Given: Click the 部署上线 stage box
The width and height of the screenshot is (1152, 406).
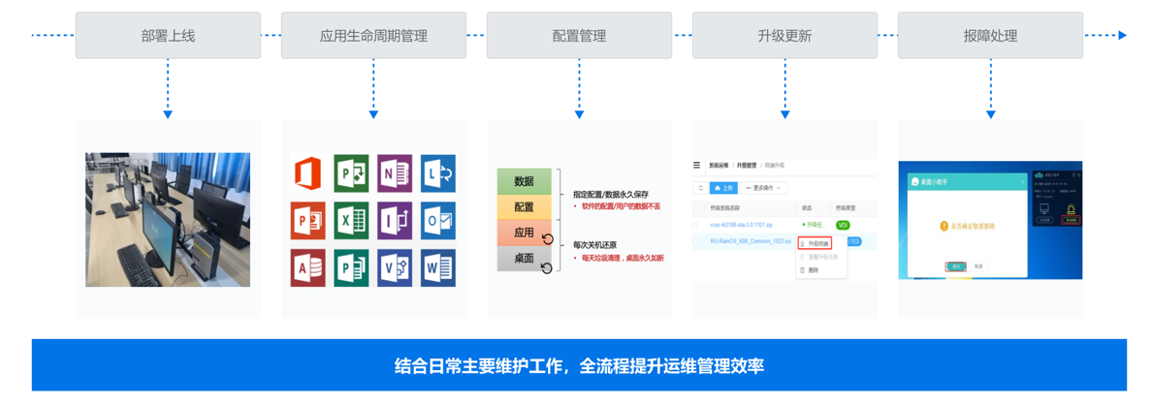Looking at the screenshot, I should (x=168, y=36).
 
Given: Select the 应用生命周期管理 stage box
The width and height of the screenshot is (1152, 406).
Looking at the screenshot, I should (x=373, y=36).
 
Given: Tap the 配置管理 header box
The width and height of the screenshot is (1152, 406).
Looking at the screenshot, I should (x=579, y=36).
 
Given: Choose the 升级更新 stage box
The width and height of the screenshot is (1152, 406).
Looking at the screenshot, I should (x=784, y=36).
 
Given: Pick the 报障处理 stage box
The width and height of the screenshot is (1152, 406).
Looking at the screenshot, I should (x=990, y=36).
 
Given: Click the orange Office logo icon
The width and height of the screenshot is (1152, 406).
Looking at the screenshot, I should (x=307, y=173).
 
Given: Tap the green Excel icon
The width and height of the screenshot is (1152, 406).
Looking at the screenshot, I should (x=350, y=221).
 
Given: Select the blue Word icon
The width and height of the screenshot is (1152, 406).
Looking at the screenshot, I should (x=437, y=267).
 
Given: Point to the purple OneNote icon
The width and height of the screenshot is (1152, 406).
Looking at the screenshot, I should (x=395, y=173).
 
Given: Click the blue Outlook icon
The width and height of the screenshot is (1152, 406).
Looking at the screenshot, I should (x=437, y=221).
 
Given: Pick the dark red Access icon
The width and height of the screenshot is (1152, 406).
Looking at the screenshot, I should (x=307, y=267).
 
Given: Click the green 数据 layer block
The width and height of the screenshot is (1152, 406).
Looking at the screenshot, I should (x=524, y=181).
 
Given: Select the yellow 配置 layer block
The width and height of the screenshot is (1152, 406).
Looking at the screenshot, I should (x=524, y=207).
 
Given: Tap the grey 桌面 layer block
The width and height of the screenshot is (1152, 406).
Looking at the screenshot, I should (x=524, y=259).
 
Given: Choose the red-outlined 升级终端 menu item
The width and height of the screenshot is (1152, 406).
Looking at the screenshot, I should (x=816, y=243).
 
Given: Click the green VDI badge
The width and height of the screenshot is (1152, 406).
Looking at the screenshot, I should (x=843, y=225).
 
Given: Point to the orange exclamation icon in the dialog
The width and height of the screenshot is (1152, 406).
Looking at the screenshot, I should (x=943, y=226).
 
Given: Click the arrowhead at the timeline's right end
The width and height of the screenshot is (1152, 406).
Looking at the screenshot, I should (x=1122, y=36).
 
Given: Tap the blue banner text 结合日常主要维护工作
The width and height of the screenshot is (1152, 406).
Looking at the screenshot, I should (x=485, y=366).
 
